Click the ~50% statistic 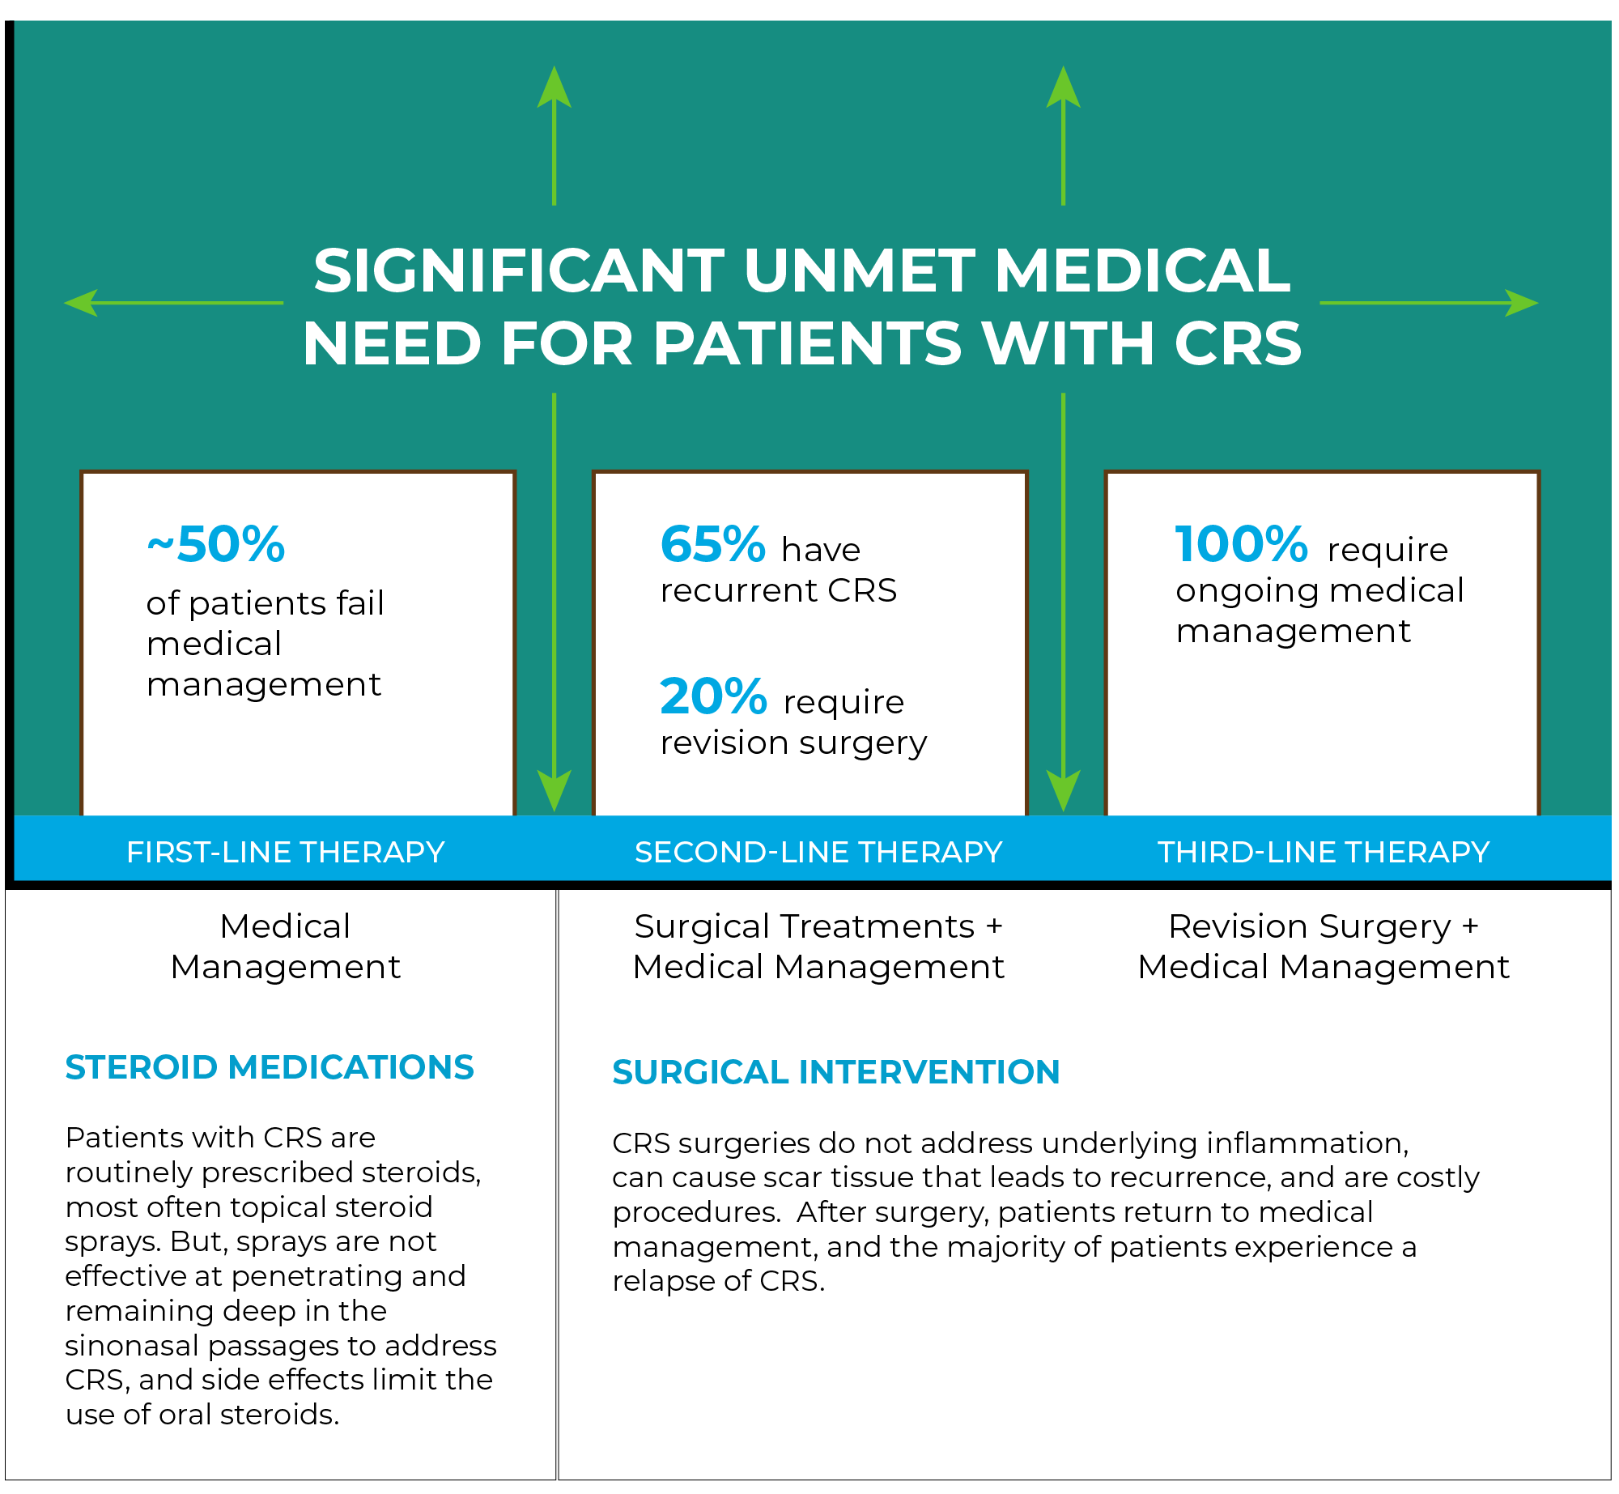pos(216,543)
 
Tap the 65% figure pos(712,543)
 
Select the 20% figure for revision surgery pos(713,696)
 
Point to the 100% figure pos(1241,543)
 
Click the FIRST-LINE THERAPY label pos(286,852)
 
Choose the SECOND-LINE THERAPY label pos(818,852)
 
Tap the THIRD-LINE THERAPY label pos(1324,852)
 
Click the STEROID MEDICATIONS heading pos(270,1067)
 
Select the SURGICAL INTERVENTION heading pos(836,1072)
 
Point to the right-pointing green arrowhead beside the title pos(1522,303)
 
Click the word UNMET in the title pos(860,270)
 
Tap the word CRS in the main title pos(1238,343)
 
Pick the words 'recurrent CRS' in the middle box pos(779,590)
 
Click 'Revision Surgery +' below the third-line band pos(1324,927)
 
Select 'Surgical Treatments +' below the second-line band pos(818,927)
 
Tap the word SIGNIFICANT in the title pos(519,270)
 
